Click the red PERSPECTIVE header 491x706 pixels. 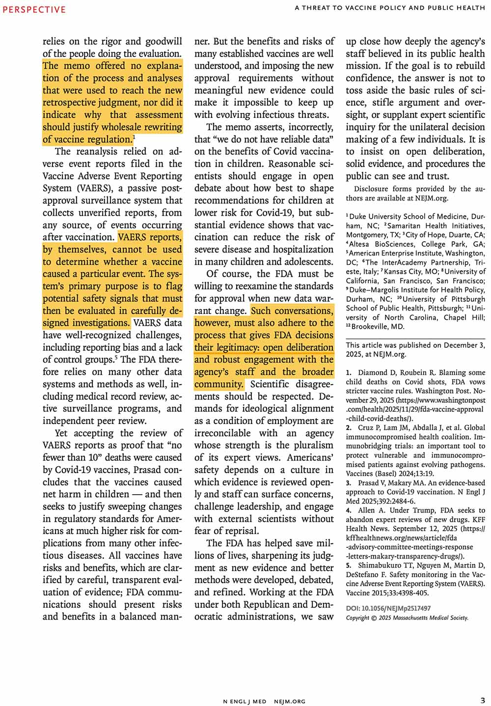pyautogui.click(x=34, y=9)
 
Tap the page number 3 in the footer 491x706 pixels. pyautogui.click(x=483, y=701)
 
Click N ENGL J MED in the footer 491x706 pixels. pyautogui.click(x=245, y=702)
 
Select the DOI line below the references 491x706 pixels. pyautogui.click(x=388, y=608)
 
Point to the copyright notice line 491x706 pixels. pyautogui.click(x=407, y=618)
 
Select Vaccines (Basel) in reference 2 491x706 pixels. pyautogui.click(x=373, y=474)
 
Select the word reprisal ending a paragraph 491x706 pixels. pyautogui.click(x=240, y=531)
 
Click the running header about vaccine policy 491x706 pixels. pyautogui.click(x=390, y=8)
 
